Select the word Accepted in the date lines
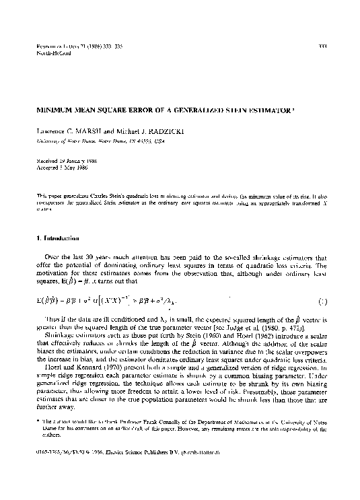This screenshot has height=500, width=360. [46, 170]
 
